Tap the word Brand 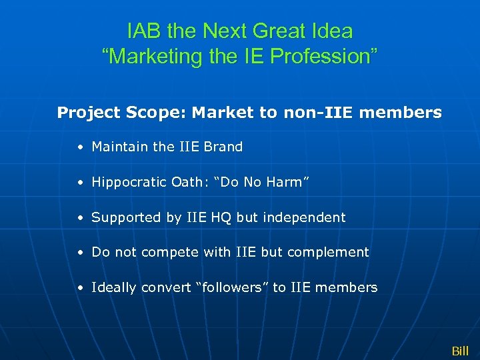pos(223,147)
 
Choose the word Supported pos(126,217)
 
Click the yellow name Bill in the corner pos(460,351)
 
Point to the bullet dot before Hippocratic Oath pos(80,183)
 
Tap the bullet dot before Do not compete pos(80,253)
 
